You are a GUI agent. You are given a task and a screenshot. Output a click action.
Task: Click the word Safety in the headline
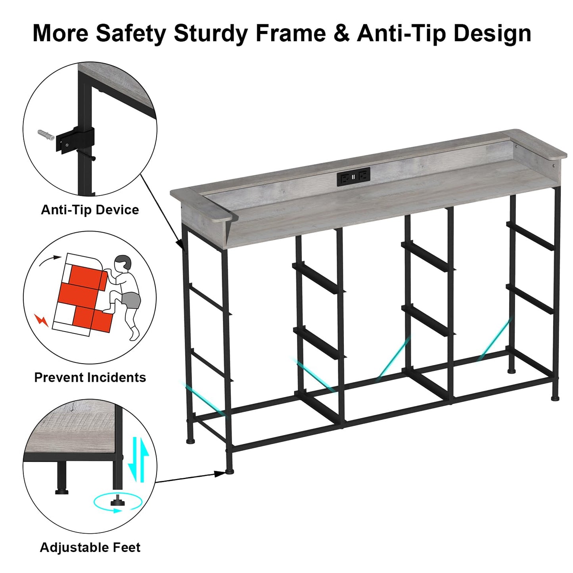pos(130,34)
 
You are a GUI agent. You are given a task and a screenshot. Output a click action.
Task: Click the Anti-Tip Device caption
pos(90,210)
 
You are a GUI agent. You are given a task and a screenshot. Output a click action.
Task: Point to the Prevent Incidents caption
pos(90,378)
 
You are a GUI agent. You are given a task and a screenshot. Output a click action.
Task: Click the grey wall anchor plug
pos(46,135)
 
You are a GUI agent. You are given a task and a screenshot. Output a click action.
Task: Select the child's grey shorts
pos(131,300)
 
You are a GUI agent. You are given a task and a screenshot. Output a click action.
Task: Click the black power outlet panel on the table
pos(354,176)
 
